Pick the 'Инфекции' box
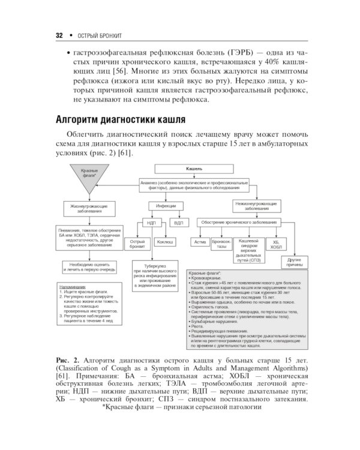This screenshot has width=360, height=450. point(165,206)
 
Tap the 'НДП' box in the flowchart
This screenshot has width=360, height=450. point(151,223)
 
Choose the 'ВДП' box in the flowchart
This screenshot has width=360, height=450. point(178,223)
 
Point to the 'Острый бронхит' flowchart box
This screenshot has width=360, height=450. point(137,243)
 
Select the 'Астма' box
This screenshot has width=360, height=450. point(200,242)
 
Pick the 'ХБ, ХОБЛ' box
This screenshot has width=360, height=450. point(275,244)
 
